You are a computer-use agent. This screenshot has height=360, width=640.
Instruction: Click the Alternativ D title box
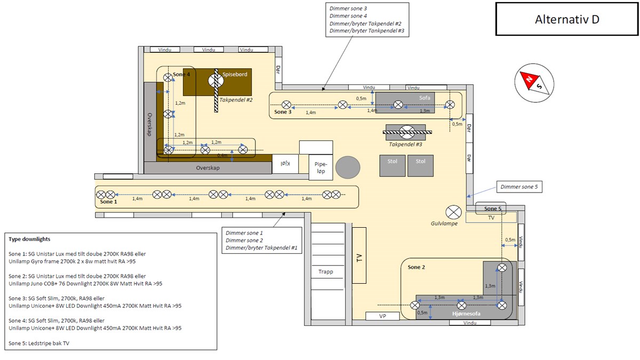click(x=567, y=19)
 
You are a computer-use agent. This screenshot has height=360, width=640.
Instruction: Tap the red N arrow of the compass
click(x=529, y=79)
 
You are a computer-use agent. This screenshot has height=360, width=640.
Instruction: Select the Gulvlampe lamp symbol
click(x=453, y=213)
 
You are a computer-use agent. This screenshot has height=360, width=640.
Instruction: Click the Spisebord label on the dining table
click(x=235, y=74)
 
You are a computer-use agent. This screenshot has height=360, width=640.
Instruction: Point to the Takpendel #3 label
click(x=405, y=145)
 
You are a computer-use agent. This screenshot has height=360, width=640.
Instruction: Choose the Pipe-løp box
click(x=321, y=167)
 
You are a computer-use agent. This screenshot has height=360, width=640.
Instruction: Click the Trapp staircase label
click(x=326, y=271)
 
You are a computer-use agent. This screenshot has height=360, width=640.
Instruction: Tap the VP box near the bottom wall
click(x=382, y=316)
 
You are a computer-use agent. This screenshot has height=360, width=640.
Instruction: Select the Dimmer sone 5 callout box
click(x=519, y=187)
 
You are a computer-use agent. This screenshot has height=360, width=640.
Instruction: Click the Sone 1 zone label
click(x=109, y=202)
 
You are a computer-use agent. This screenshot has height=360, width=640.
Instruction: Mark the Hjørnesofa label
click(x=466, y=314)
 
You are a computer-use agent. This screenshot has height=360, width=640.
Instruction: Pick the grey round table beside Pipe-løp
click(x=348, y=167)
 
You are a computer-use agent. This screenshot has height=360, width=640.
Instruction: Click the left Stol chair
click(x=393, y=166)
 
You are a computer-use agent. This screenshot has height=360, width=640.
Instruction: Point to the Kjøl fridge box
click(x=285, y=164)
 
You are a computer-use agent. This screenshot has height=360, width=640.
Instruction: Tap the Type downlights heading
click(x=29, y=239)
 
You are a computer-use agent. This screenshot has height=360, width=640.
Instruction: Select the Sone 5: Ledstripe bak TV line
click(x=39, y=343)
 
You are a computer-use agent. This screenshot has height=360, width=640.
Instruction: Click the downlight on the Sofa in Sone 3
click(x=398, y=105)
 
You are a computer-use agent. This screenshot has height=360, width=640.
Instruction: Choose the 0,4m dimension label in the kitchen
click(x=222, y=155)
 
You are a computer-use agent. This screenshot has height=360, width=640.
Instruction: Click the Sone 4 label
click(x=181, y=74)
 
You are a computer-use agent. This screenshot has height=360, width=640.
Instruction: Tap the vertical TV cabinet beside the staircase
click(x=359, y=255)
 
